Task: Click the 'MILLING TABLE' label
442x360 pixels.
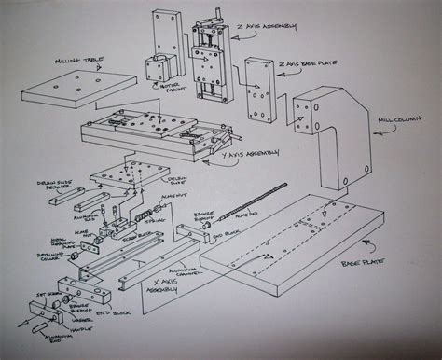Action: click(80, 59)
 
